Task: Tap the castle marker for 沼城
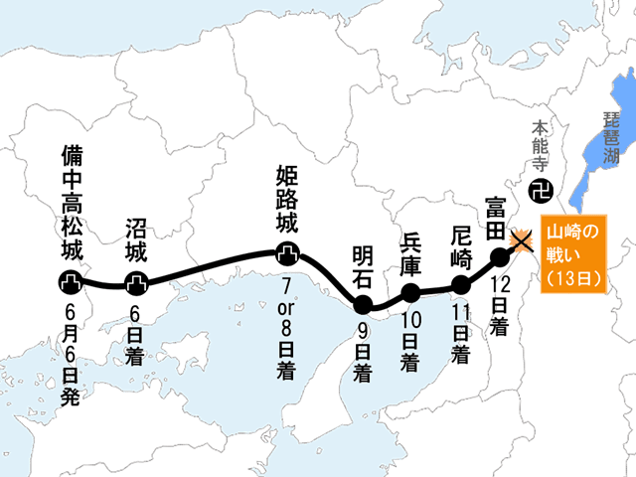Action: click(136, 283)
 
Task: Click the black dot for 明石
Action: click(363, 303)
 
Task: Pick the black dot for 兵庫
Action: click(409, 292)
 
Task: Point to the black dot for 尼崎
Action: click(460, 286)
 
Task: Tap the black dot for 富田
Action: click(500, 258)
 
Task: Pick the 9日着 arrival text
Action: click(363, 353)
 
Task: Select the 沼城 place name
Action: click(136, 238)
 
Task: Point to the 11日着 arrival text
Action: click(460, 333)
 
